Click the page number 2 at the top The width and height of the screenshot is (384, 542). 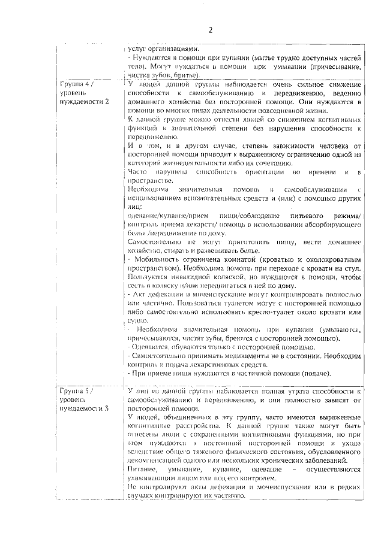coord(211,31)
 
